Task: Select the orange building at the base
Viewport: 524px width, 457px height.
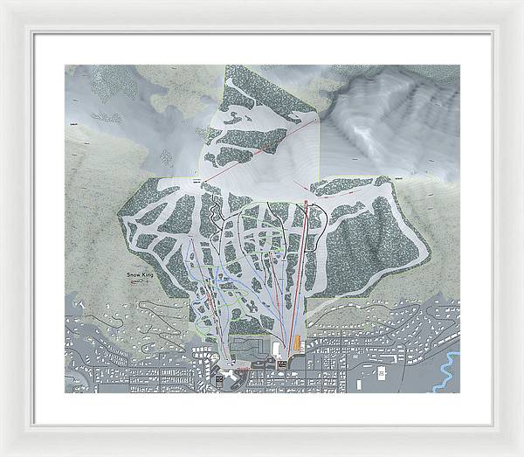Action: tap(297, 339)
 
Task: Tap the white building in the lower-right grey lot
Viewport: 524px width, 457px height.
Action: tap(381, 372)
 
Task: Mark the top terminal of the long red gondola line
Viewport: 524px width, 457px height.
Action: tap(307, 203)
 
